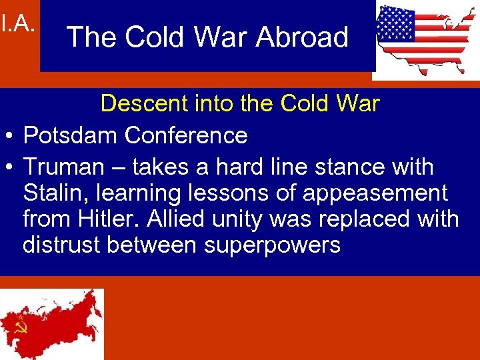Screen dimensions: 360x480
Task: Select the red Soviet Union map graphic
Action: (x=52, y=323)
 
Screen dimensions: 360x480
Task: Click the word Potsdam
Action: (x=71, y=136)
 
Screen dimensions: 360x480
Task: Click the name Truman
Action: (x=63, y=167)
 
